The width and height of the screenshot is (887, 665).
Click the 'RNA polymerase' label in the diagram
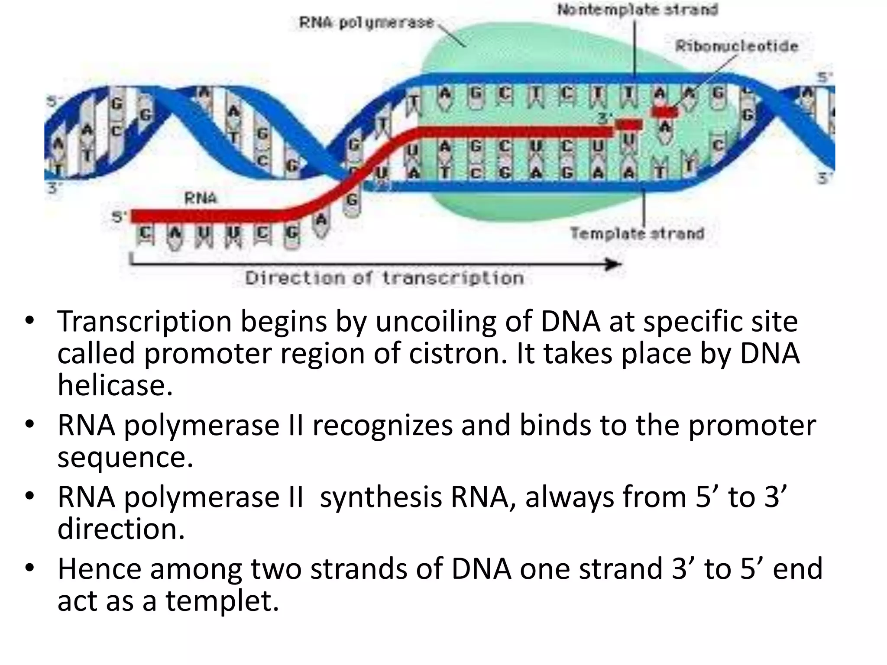coord(366,23)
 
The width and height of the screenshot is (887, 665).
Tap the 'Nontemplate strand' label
coord(638,10)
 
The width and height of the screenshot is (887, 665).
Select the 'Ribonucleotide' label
coord(737,46)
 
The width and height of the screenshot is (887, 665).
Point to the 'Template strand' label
coord(637,233)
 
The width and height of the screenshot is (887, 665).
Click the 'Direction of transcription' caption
coord(385,278)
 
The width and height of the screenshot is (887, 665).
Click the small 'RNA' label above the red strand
coord(200,198)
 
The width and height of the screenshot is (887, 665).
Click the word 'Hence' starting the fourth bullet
coord(99,569)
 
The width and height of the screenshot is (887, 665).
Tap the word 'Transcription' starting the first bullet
coord(145,321)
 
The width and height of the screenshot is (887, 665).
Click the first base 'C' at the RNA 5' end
coord(145,234)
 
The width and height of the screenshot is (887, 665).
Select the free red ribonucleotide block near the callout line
coord(665,112)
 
